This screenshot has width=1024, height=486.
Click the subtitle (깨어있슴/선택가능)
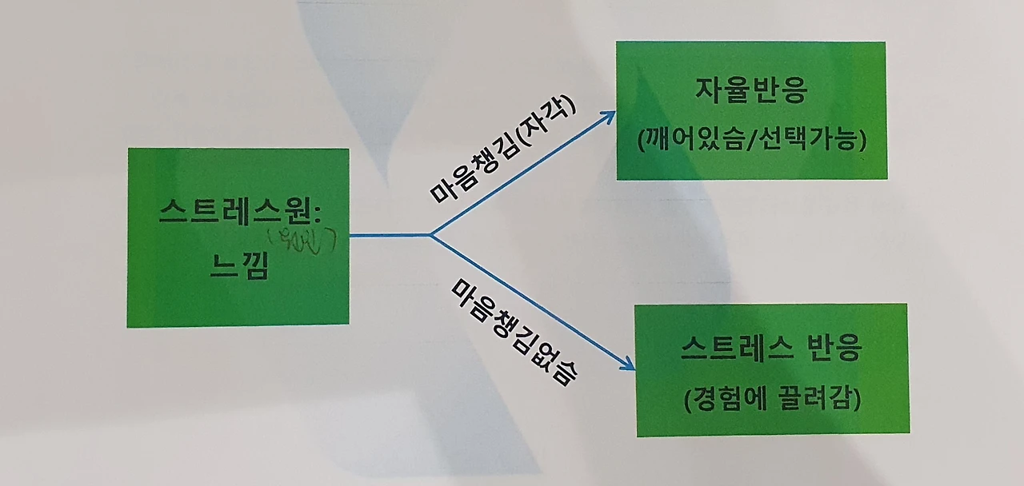752,139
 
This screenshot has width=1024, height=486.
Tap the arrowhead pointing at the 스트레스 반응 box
629,365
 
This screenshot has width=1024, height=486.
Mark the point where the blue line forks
431,235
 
